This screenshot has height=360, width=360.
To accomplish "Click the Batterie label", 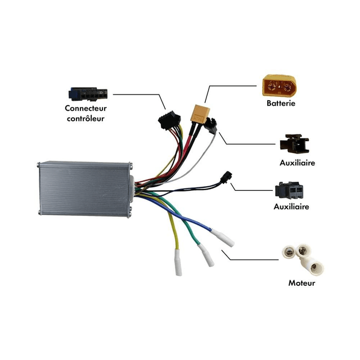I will tap(281, 103).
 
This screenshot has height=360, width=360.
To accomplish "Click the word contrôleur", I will tap(85, 118).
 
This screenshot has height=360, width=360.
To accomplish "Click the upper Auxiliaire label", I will tap(296, 163).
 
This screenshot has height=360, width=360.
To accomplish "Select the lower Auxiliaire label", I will tap(291, 206).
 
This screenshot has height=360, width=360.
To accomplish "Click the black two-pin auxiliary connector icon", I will tap(290, 191).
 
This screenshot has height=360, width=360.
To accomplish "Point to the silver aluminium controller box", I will tap(85, 188).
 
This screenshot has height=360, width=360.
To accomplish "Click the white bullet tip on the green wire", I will tap(207, 256).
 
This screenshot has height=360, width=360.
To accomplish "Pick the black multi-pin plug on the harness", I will tap(167, 120).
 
